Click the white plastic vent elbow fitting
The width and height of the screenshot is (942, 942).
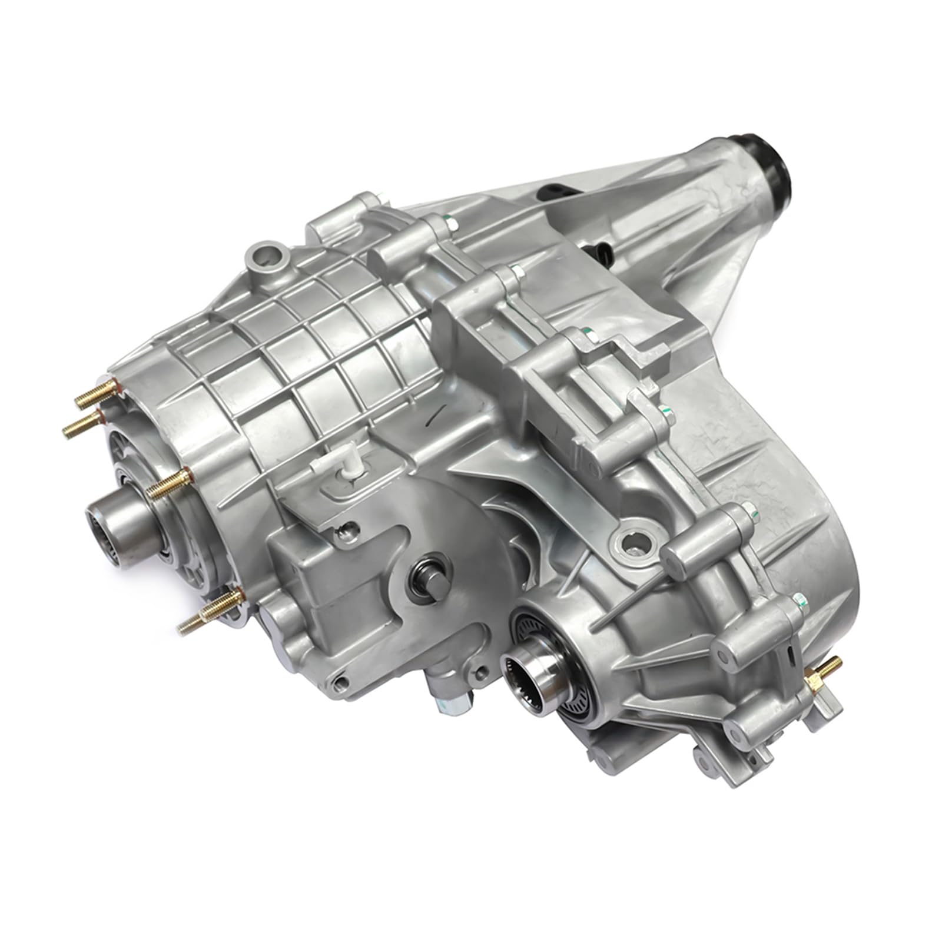point(348,468)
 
